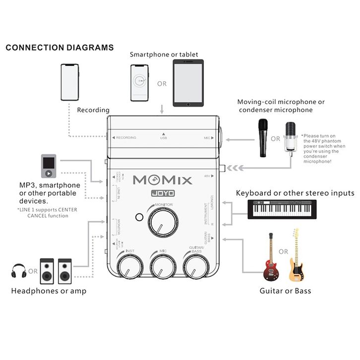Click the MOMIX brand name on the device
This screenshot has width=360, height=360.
(x=162, y=180)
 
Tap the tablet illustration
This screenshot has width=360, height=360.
(x=188, y=83)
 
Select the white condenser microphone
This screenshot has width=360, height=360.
(x=290, y=138)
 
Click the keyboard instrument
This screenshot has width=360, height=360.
(x=282, y=209)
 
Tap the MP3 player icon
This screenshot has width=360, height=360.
(x=49, y=167)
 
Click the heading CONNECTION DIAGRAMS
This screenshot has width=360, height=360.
(x=60, y=48)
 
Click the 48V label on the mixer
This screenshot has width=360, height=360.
(x=207, y=176)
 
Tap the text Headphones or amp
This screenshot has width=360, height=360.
(x=49, y=291)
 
